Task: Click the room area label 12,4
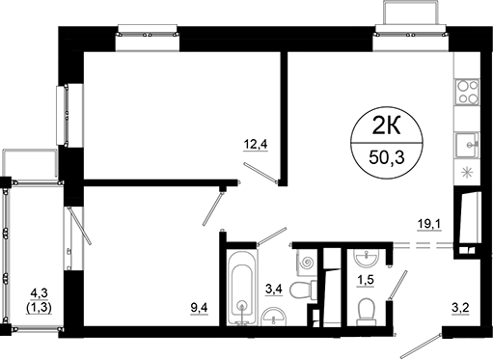tap(254, 146)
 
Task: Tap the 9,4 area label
tap(200, 308)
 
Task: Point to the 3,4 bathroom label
tap(273, 287)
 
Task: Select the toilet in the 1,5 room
tap(366, 309)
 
